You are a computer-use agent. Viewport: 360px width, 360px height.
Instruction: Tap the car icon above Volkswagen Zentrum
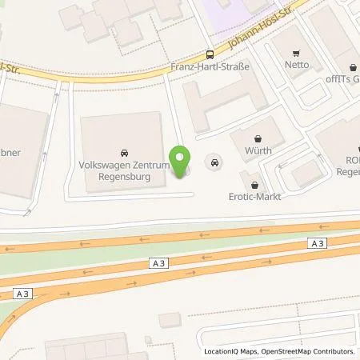[x=123, y=151]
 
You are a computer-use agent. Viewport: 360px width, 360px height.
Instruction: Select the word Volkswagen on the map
[x=102, y=165]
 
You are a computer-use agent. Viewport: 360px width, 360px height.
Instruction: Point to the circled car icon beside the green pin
[x=214, y=162]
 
